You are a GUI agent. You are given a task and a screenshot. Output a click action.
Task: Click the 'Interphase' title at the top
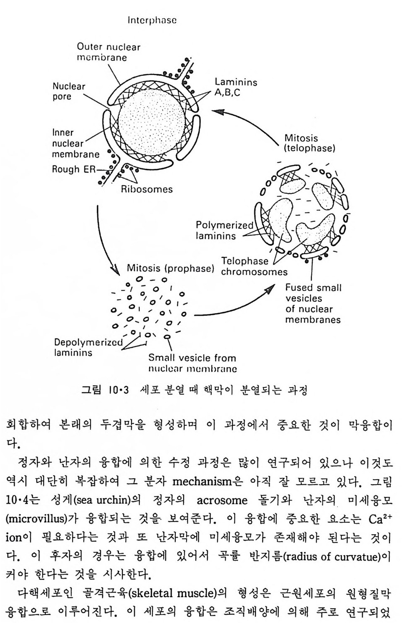152,20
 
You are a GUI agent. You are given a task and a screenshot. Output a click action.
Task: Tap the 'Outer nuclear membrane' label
108,52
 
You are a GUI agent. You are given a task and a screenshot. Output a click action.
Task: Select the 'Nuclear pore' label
68,91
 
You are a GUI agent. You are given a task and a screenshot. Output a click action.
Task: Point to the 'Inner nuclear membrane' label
76,143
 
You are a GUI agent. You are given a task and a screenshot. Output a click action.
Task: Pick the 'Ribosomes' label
147,189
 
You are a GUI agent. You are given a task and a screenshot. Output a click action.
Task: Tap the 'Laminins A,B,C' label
236,87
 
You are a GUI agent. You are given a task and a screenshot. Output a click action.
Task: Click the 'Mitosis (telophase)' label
309,143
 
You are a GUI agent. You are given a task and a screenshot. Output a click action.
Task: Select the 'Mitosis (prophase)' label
170,268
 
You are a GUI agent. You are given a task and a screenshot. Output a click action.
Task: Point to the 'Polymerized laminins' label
224,231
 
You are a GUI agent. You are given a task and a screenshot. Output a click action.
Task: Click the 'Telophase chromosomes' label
254,266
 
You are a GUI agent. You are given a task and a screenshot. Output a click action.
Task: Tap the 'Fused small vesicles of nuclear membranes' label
313,304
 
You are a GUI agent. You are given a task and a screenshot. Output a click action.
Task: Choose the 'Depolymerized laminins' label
88,347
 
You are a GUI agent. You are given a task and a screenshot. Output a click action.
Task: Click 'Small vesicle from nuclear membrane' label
192,363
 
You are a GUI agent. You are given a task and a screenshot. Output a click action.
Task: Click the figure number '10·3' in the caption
118,390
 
